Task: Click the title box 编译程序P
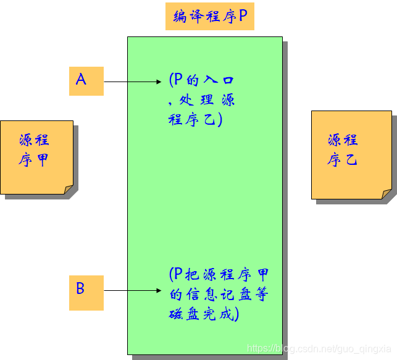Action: tap(209, 17)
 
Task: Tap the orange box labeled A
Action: tap(86, 81)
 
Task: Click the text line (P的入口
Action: tap(201, 80)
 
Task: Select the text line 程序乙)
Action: tap(195, 119)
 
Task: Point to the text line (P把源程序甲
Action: tap(219, 275)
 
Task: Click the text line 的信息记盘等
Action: tap(219, 295)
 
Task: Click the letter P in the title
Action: tap(243, 17)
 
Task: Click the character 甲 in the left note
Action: tap(42, 161)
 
